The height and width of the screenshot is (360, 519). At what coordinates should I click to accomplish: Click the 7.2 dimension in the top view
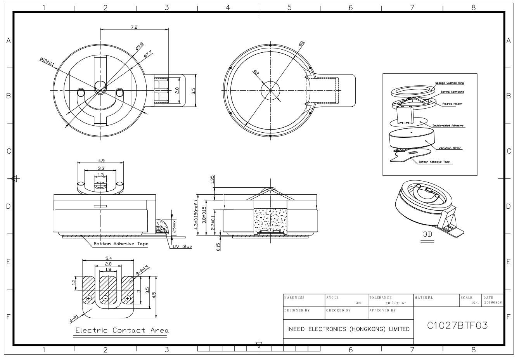click(134, 27)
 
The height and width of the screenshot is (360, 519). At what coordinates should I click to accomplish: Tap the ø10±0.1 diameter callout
click(47, 61)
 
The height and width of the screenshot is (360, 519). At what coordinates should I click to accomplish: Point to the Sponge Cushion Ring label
click(449, 83)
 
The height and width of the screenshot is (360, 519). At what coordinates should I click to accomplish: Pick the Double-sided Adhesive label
click(448, 126)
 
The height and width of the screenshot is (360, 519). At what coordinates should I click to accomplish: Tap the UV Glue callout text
click(182, 247)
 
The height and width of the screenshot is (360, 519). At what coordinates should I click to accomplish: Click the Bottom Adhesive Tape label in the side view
click(121, 244)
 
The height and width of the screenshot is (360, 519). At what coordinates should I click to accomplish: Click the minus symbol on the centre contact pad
click(105, 298)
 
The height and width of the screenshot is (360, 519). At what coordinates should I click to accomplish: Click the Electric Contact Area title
click(122, 331)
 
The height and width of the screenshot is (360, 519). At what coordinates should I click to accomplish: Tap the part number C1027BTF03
click(457, 325)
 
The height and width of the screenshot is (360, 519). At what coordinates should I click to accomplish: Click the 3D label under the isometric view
click(427, 235)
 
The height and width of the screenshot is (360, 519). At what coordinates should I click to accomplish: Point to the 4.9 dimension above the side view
click(100, 161)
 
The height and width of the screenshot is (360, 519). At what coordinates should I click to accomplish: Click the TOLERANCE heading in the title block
click(380, 298)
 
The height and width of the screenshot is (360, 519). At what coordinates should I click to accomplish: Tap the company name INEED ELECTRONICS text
click(348, 329)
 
